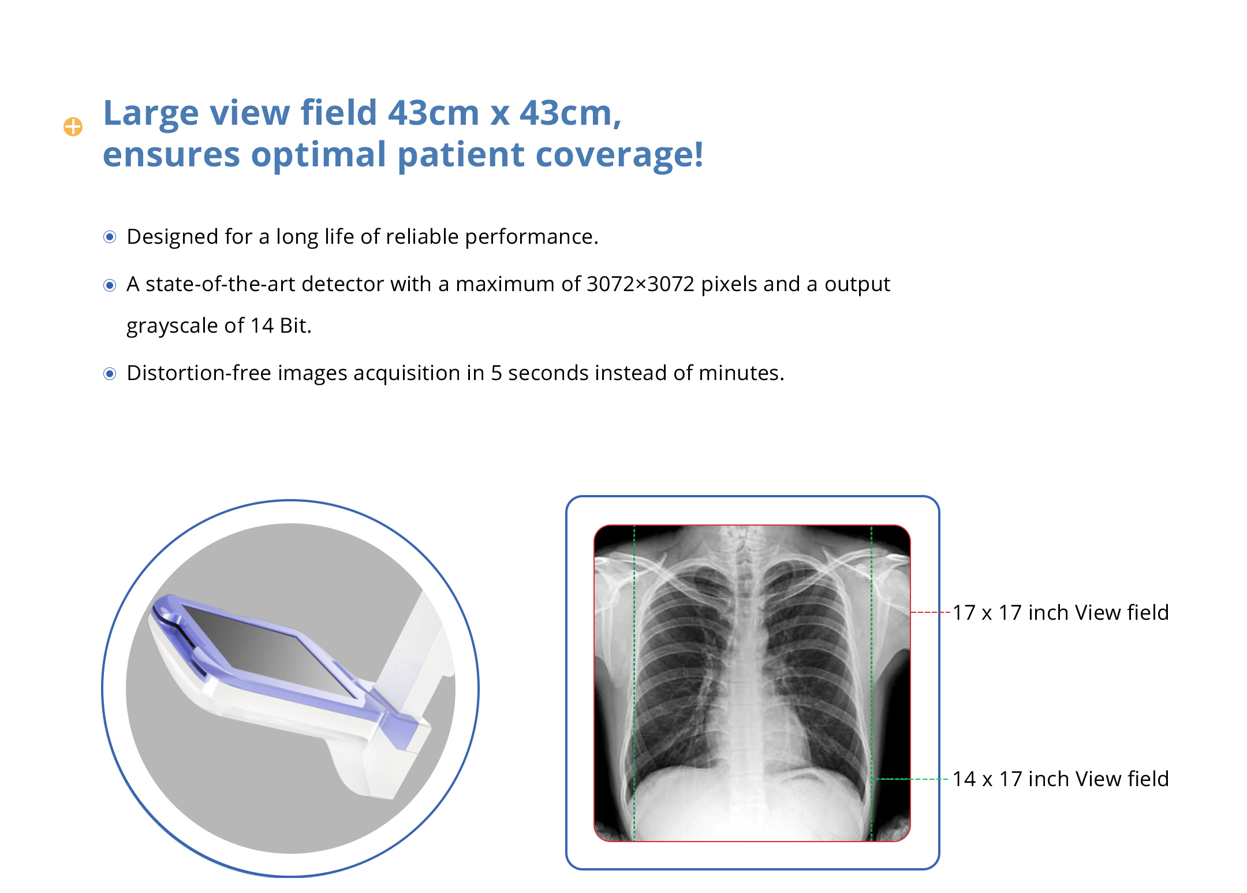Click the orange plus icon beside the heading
73,126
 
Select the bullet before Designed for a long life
110,237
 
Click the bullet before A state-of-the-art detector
110,285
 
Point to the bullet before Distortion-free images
110,374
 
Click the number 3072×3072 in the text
640,284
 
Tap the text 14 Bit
281,326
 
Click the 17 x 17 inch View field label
1061,612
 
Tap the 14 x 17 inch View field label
1061,779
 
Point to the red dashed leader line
930,612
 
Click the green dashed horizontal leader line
909,779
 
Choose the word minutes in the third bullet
741,373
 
